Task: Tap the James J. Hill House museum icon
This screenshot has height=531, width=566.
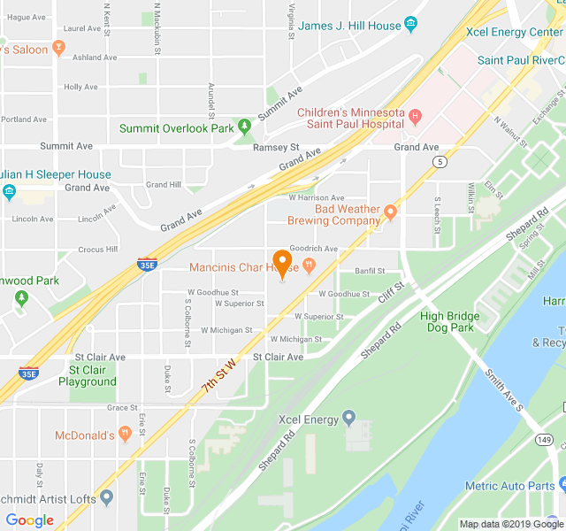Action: [410, 26]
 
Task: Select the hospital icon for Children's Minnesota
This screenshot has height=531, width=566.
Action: [415, 113]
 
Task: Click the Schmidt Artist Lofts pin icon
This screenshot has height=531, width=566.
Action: [107, 498]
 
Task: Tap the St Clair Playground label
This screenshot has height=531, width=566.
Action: [88, 375]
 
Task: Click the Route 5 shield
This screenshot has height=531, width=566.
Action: [439, 161]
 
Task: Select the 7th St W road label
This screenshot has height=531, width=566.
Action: [220, 376]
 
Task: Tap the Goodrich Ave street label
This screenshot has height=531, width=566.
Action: [313, 249]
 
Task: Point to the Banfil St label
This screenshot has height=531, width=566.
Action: [370, 271]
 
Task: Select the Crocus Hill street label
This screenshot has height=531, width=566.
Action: [97, 250]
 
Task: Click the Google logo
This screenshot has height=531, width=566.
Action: [29, 520]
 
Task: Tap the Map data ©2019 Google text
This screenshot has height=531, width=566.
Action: [509, 524]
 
